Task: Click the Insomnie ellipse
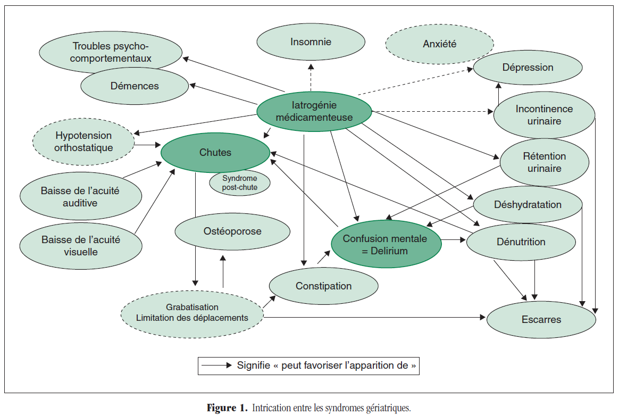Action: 311,42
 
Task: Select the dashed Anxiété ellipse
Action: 439,44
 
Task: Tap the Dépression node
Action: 528,68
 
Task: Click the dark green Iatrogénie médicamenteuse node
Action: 314,111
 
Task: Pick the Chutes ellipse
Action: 215,153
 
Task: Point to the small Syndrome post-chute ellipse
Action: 239,183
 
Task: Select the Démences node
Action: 135,86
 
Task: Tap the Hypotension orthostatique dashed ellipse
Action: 83,142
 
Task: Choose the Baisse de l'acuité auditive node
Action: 80,196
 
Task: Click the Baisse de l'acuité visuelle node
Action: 81,246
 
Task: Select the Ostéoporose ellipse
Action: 232,231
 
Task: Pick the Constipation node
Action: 323,286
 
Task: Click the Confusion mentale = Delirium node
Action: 386,244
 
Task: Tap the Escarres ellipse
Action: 541,320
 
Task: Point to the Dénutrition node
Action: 521,242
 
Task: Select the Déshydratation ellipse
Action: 528,205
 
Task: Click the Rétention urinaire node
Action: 544,163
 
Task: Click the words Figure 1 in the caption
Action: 227,409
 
